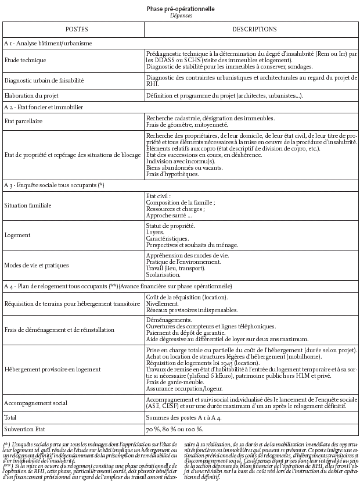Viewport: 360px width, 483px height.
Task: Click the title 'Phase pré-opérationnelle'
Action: (x=181, y=9)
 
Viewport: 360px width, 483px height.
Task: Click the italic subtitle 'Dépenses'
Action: (x=181, y=16)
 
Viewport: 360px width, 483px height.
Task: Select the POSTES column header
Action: (x=73, y=29)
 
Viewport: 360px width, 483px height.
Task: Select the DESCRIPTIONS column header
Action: (x=254, y=29)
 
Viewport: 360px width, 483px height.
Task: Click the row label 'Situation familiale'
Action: (x=28, y=206)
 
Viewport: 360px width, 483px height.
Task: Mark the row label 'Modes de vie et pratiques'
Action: (x=37, y=265)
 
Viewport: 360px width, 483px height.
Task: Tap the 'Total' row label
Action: (x=10, y=417)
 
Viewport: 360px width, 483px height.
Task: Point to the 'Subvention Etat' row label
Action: (x=23, y=430)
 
